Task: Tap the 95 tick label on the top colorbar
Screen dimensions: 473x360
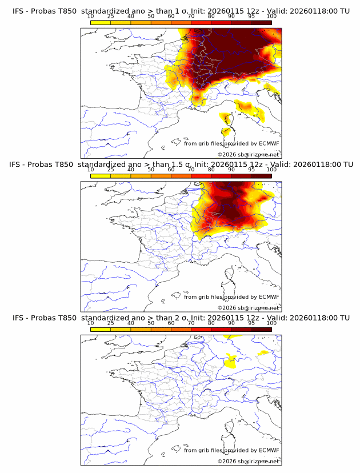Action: [x=251, y=16]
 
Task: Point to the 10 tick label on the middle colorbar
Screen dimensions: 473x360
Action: [x=90, y=170]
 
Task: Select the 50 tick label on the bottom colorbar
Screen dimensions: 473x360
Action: [x=151, y=323]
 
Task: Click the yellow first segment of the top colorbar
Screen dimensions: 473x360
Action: [x=101, y=22]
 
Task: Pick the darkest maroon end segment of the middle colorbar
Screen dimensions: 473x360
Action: [x=262, y=175]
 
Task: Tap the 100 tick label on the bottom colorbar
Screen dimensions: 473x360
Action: [x=271, y=323]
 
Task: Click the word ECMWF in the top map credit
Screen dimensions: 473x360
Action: [x=269, y=143]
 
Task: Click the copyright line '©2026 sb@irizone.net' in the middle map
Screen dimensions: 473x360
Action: [x=248, y=308]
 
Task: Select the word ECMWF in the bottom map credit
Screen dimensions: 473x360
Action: [x=269, y=450]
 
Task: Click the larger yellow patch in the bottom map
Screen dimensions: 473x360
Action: [x=231, y=360]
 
